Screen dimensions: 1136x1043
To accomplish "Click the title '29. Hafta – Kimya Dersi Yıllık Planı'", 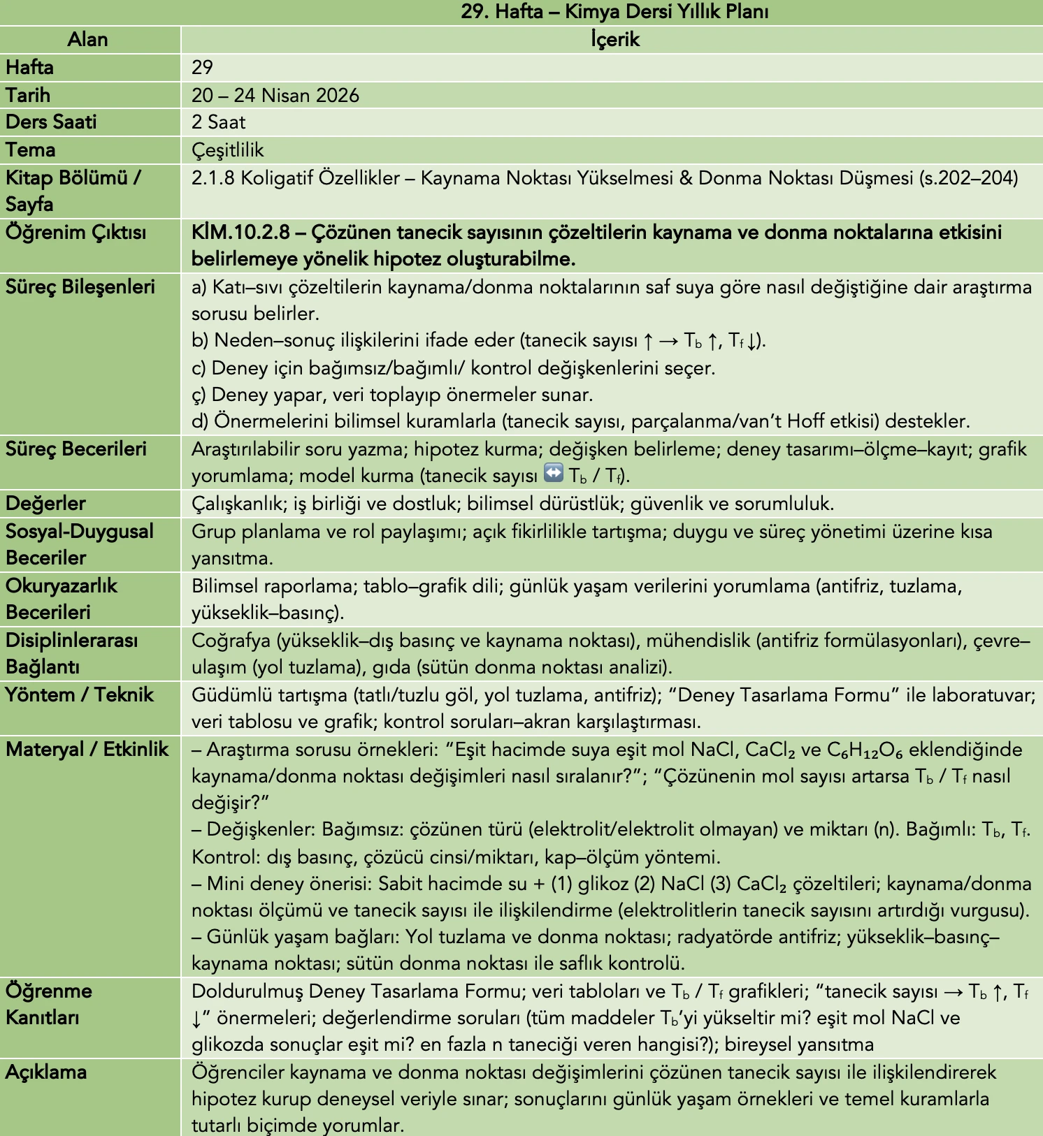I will pyautogui.click(x=614, y=12).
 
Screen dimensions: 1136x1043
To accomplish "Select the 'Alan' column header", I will pyautogui.click(x=88, y=40).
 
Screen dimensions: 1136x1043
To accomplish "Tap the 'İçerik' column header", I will pyautogui.click(x=614, y=40).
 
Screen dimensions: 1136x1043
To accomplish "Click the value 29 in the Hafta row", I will pyautogui.click(x=202, y=68).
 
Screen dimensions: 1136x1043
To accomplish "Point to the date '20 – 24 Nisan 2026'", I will pyautogui.click(x=275, y=95).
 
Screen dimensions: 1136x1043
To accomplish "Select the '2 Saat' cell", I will pyautogui.click(x=218, y=122).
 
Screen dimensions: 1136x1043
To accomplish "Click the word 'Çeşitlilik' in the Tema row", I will pyautogui.click(x=228, y=150).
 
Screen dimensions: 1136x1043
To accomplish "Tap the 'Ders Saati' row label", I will pyautogui.click(x=51, y=122).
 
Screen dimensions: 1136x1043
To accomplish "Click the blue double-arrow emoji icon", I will pyautogui.click(x=553, y=474).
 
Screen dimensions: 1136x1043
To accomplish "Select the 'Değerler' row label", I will pyautogui.click(x=45, y=504).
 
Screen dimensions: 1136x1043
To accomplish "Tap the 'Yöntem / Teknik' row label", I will pyautogui.click(x=80, y=695).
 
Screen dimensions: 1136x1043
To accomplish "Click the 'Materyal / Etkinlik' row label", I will pyautogui.click(x=87, y=750).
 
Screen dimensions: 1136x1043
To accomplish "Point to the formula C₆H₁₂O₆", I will pyautogui.click(x=865, y=750).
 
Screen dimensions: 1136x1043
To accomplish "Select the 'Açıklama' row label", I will pyautogui.click(x=46, y=1072).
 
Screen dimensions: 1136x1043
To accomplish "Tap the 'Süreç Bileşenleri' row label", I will pyautogui.click(x=80, y=287).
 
